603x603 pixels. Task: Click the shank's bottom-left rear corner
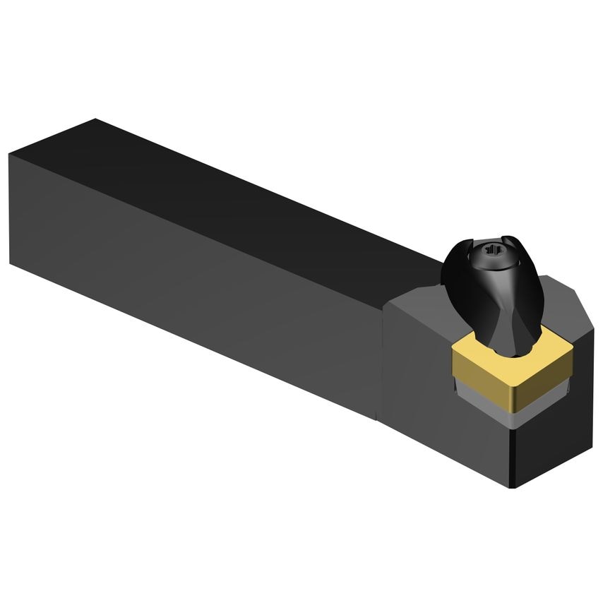tap(11, 263)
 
